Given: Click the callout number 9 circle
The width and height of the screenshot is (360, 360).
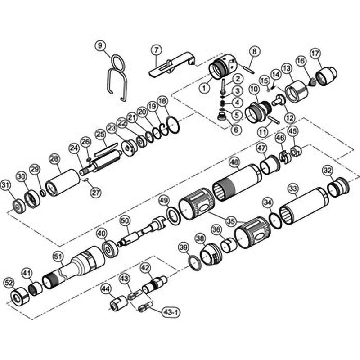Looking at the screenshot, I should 100,45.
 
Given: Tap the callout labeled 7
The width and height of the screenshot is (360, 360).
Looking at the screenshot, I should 156,49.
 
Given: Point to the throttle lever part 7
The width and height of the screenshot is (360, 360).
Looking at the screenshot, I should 171,65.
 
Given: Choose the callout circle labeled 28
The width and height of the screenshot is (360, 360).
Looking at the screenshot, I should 54,159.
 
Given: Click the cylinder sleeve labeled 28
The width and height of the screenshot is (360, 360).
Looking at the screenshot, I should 63,182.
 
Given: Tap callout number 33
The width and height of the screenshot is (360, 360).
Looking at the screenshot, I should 293,189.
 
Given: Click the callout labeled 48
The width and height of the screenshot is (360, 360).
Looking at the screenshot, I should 234,162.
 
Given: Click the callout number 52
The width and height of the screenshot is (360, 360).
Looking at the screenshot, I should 9,283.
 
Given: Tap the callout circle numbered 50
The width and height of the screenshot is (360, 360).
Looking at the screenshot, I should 125,220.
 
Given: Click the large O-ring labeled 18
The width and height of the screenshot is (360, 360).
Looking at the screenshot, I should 172,125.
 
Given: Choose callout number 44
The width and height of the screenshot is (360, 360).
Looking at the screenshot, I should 106,289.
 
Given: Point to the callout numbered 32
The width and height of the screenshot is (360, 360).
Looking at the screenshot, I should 328,170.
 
